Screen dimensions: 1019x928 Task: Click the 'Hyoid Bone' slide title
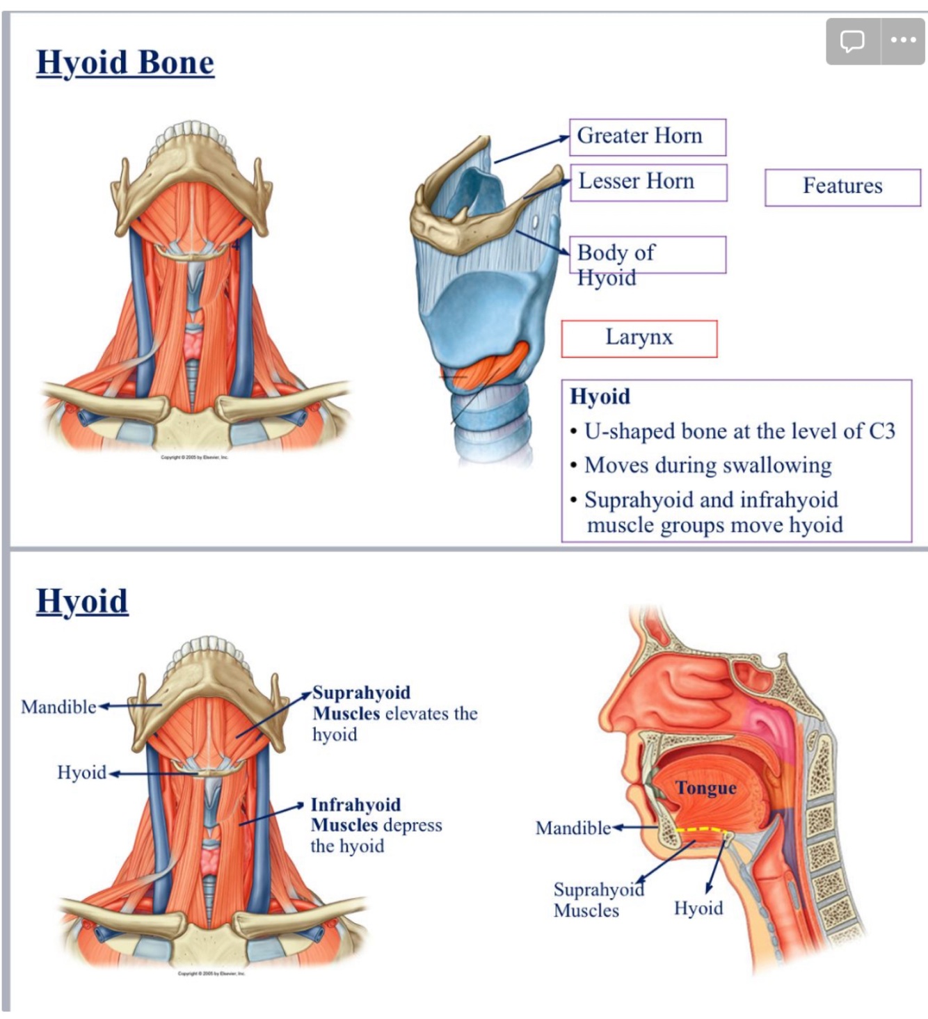coord(125,63)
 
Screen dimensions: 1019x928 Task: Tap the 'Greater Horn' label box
coord(647,136)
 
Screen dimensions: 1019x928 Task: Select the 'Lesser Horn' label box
coord(648,182)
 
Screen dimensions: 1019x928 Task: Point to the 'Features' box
coord(842,186)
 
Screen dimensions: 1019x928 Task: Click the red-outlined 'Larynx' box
coord(639,338)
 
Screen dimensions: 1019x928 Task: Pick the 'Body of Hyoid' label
coord(647,255)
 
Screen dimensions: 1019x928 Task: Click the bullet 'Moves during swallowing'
coord(707,465)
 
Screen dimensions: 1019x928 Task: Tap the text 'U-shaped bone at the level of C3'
coord(739,431)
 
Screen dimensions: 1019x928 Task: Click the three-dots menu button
coord(903,40)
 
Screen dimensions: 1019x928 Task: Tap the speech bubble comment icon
coord(852,41)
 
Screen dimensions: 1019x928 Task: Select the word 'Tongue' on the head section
coord(705,788)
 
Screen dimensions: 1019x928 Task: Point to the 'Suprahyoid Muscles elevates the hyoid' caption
coord(394,713)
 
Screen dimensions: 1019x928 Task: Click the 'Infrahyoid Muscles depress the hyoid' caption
coord(376,825)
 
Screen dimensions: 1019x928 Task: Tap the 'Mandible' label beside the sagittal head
coord(573,828)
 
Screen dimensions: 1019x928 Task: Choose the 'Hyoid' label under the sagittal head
coord(698,908)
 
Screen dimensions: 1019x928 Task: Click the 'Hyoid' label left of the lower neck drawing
coord(81,773)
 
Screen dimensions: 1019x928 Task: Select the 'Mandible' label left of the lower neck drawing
coord(58,707)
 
